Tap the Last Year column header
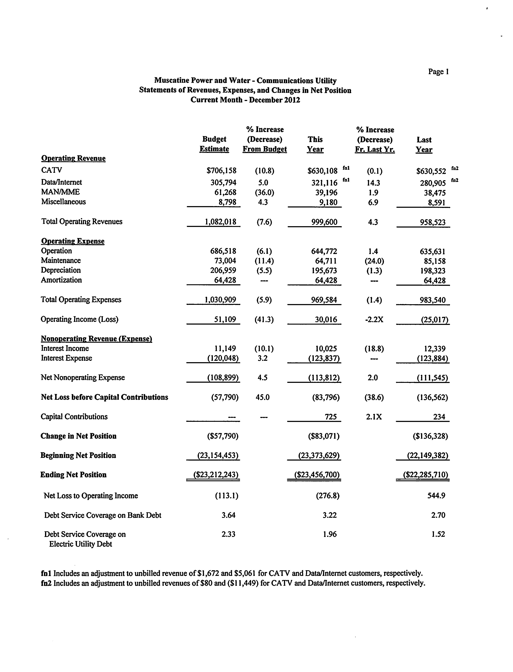pos(424,144)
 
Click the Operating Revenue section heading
pos(73,158)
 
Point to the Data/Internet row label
pos(61,182)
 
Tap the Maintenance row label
pos(61,261)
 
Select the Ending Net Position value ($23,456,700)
pos(317,475)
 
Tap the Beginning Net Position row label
pos(78,455)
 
